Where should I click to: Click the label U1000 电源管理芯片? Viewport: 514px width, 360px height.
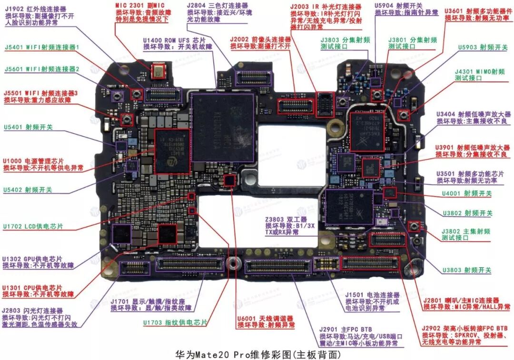(x=33, y=161)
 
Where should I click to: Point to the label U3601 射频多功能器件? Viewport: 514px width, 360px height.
(x=476, y=10)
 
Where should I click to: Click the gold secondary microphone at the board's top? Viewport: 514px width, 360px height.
(x=157, y=73)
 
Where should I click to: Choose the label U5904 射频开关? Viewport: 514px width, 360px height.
(x=393, y=6)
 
